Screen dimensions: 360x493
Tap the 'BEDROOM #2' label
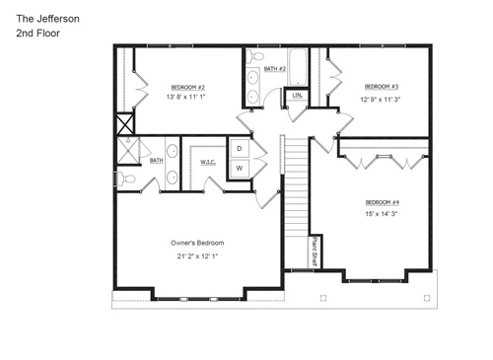point(186,86)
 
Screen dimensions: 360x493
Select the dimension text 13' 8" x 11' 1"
point(186,98)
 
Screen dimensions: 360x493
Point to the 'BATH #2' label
point(275,69)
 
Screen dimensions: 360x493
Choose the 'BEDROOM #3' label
point(381,86)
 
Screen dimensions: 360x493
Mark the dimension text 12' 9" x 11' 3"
point(381,99)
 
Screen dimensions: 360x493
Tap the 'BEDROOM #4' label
point(382,202)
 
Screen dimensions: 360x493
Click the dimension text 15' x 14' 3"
point(382,214)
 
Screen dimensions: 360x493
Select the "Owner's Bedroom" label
point(197,243)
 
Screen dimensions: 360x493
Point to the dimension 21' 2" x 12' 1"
point(197,256)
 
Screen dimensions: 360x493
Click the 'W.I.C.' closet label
point(208,161)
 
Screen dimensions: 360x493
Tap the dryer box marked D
point(238,149)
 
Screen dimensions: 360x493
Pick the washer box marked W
point(238,169)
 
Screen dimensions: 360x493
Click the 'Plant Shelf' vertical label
point(314,251)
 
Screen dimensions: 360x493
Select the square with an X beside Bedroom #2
point(124,125)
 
